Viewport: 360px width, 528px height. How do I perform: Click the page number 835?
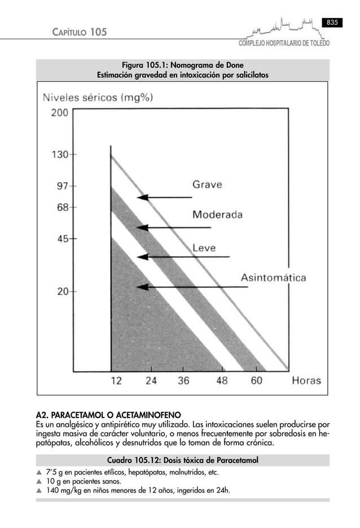(x=332, y=22)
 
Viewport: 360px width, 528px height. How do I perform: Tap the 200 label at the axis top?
(x=59, y=112)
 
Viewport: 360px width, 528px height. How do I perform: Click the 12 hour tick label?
(x=115, y=380)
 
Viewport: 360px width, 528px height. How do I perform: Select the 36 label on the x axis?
(x=183, y=380)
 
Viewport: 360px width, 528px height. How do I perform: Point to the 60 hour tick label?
(x=256, y=380)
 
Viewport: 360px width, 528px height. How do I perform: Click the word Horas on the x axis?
(x=306, y=380)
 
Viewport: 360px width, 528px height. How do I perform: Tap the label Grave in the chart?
(x=208, y=184)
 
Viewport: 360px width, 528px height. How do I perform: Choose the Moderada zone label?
(x=217, y=215)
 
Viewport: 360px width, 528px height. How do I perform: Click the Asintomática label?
(x=274, y=278)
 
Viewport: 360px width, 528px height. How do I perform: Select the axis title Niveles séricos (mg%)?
(x=98, y=97)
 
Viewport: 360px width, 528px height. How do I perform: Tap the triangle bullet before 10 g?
(x=39, y=482)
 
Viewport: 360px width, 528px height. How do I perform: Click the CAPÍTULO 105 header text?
(x=79, y=33)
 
